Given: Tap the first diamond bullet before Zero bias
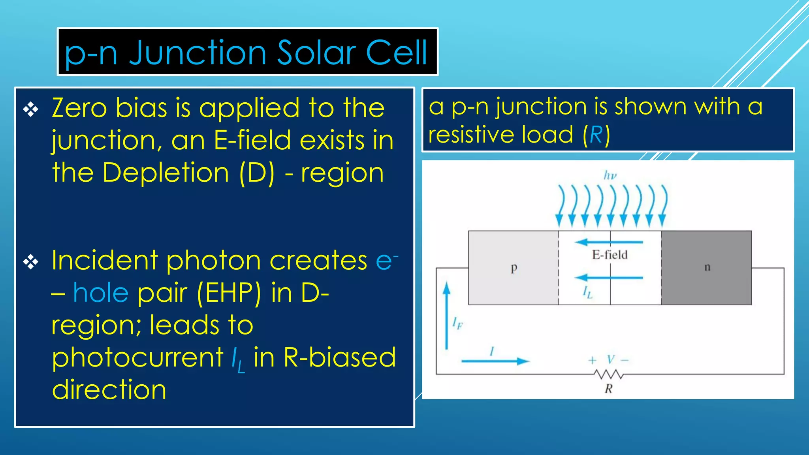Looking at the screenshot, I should click(30, 109).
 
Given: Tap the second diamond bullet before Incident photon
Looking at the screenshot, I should click(30, 262).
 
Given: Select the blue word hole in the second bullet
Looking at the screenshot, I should click(101, 293).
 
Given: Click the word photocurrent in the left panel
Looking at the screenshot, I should click(137, 357).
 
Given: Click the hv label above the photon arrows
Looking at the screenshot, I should click(610, 175).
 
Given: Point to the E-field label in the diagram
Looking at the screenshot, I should click(610, 255).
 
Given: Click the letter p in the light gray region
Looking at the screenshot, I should click(514, 268).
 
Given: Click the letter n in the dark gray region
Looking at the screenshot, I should click(707, 267).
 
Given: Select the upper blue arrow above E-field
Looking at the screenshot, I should click(608, 242).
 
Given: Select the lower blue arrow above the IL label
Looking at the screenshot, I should click(608, 278).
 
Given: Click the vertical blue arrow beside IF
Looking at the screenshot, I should click(446, 316).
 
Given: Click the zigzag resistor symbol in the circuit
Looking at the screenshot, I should click(609, 374).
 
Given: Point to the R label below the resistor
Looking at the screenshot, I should click(608, 389).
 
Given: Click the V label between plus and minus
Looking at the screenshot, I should click(611, 360).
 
